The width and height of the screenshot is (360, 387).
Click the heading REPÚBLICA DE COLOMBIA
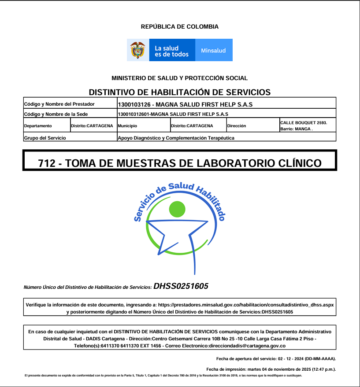point(180,27)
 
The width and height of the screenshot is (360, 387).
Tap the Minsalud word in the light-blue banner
point(213,51)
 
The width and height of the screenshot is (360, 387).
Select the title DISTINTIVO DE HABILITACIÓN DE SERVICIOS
point(180,92)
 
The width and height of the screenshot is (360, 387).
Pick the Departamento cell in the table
point(38,126)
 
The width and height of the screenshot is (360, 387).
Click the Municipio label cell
point(127,126)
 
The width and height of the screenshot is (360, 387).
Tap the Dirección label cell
point(237,126)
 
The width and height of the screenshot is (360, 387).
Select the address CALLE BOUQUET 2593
point(304,122)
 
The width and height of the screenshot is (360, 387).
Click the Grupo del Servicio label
point(45,138)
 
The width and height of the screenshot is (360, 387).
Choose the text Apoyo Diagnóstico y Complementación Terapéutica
point(176,138)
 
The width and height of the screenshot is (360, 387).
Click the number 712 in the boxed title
point(47,163)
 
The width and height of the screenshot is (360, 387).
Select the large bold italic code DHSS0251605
point(181,287)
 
